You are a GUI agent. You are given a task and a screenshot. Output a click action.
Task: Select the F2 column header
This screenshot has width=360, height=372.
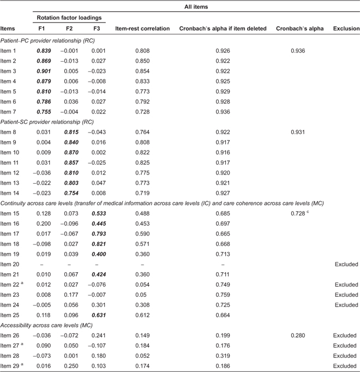click(69, 28)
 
